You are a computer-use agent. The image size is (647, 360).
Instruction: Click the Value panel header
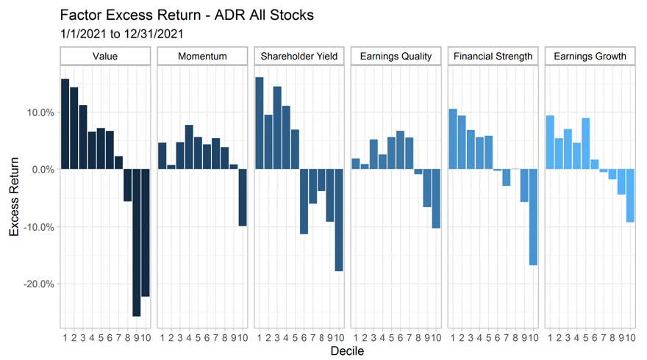point(105,57)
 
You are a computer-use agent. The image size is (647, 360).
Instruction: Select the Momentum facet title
point(202,57)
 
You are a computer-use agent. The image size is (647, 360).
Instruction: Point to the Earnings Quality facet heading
point(396,57)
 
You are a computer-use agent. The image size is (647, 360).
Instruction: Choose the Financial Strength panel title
point(493,57)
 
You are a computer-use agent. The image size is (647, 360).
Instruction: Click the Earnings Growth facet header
point(590,57)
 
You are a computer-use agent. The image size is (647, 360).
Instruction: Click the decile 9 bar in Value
point(136,242)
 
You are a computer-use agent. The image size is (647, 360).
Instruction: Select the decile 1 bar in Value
point(65,124)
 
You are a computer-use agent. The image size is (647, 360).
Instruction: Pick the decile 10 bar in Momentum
point(242,198)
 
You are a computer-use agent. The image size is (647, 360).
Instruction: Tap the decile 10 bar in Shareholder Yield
point(339,220)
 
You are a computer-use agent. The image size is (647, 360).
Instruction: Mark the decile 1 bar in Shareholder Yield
point(259,123)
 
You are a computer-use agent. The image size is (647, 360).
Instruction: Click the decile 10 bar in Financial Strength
point(533,217)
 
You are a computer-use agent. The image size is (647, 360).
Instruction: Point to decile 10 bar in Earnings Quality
point(436,199)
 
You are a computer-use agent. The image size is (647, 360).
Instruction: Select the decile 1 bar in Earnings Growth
point(549,143)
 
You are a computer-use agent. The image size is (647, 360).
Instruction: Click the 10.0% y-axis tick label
point(40,112)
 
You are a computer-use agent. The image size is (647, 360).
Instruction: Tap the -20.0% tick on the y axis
point(39,284)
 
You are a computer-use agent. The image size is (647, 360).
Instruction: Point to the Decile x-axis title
point(347,351)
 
